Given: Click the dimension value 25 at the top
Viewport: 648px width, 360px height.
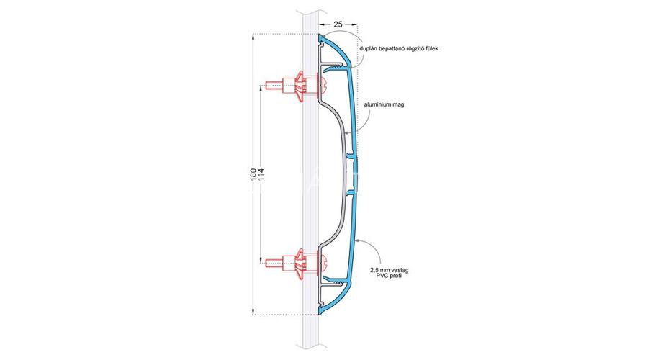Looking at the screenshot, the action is (338, 24).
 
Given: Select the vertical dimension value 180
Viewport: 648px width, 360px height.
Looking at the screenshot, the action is (253, 175).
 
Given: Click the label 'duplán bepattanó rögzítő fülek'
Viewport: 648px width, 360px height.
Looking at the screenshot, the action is (398, 48).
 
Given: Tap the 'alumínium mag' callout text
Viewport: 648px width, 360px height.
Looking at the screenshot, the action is (384, 104).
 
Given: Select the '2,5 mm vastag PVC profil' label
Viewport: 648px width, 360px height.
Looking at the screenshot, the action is (390, 273).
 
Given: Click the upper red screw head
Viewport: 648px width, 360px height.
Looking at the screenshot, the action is (323, 86).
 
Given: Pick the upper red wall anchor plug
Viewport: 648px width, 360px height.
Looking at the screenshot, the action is (300, 87).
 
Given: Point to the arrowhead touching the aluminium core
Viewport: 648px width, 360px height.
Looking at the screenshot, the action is (346, 132).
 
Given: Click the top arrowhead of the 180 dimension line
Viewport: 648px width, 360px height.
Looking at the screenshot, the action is (253, 37).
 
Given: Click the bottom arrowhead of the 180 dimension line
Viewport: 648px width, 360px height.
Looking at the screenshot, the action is (253, 312).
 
